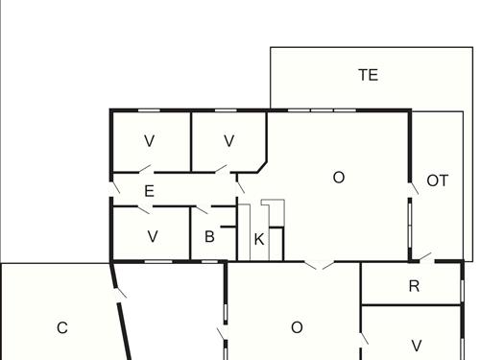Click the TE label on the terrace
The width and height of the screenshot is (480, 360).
pos(368,75)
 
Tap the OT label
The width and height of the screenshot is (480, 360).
pos(437,180)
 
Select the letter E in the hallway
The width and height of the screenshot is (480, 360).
pos(149,191)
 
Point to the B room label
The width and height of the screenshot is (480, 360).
pos(209,237)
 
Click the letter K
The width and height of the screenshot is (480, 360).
pos(258,239)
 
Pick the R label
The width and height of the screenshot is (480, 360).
pos(414,286)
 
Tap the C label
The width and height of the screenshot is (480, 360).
pos(62,328)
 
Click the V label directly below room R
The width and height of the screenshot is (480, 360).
pos(416,345)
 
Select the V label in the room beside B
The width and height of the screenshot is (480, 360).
pos(152,236)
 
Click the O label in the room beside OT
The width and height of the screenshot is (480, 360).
pos(338,178)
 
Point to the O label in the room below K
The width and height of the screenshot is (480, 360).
pos(297,327)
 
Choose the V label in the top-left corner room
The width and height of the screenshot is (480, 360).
pos(149,141)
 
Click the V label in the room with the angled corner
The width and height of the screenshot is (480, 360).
pos(228,141)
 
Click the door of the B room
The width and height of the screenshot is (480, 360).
pos(203,209)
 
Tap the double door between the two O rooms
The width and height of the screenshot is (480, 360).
pos(320,264)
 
